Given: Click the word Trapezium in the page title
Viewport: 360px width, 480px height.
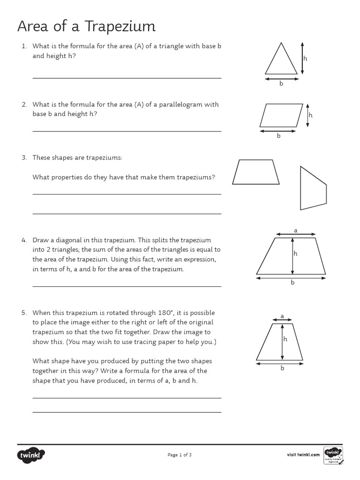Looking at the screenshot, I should pos(120,27).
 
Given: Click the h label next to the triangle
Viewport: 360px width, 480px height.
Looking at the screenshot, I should pos(305,59).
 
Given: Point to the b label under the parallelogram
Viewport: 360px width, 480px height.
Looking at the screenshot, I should pos(278,136).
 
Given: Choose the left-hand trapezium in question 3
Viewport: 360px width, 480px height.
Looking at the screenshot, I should pos(256,172).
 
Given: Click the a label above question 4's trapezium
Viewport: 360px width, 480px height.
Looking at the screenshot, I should pos(295,230).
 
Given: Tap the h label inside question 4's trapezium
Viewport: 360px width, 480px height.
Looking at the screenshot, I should pos(296,253).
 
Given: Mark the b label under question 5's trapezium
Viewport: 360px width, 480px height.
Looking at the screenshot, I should pos(282,368).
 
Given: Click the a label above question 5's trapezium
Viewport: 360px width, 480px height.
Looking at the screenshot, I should pos(282,316).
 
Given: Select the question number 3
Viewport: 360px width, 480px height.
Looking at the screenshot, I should pos(24,157).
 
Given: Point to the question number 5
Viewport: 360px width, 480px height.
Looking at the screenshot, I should pos(24,313).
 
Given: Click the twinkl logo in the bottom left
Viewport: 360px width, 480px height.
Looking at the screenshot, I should pos(31,454).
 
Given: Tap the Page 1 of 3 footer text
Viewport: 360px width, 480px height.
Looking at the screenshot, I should pos(180,455).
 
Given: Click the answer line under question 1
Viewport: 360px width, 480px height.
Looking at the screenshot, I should pos(127,78).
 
